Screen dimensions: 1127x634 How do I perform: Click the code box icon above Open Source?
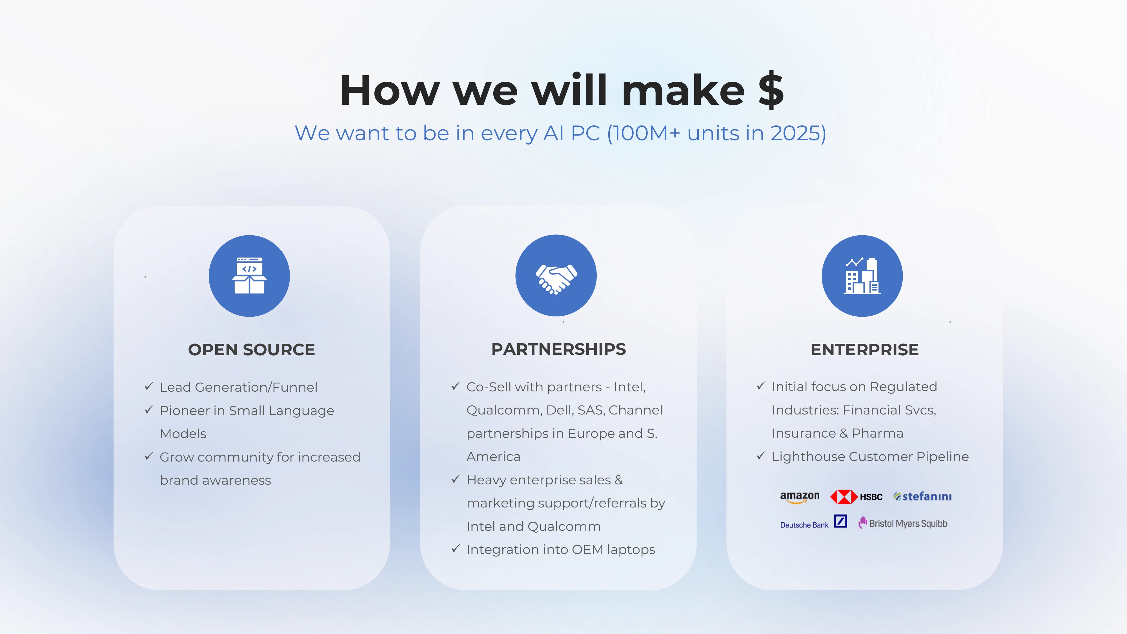point(249,276)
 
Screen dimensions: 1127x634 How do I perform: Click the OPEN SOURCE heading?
point(252,350)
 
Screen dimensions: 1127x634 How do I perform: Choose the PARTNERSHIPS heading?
point(559,349)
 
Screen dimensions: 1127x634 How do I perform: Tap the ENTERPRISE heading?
point(864,350)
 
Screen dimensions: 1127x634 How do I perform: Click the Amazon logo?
point(800,497)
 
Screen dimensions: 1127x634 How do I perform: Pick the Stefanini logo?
point(922,496)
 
